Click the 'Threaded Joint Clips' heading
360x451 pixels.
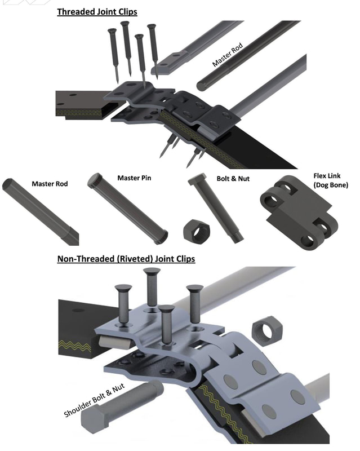(x=97, y=12)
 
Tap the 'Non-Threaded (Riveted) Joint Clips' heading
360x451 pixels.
(x=126, y=259)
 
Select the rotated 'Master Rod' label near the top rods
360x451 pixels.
(x=228, y=55)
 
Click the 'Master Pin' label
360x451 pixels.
(x=134, y=178)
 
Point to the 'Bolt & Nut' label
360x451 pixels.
(x=233, y=179)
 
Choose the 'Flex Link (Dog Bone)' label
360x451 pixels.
(x=331, y=180)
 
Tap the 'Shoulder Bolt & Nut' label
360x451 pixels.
(x=94, y=400)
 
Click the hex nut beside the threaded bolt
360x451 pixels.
(x=197, y=230)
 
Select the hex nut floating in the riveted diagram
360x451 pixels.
(x=267, y=330)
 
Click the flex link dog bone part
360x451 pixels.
(x=299, y=212)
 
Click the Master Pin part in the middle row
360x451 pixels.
(x=127, y=209)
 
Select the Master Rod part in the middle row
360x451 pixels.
(x=40, y=211)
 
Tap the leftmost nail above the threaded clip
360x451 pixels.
(x=114, y=55)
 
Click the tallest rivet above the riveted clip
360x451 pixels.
(x=152, y=287)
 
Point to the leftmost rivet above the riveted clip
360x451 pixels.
(x=123, y=305)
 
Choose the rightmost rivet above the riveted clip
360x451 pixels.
(x=195, y=304)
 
